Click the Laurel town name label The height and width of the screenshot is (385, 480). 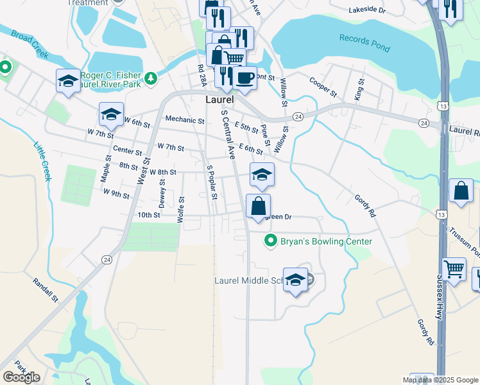(x=219, y=101)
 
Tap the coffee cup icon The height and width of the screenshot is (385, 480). (x=244, y=78)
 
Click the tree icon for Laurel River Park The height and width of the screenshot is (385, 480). (x=151, y=78)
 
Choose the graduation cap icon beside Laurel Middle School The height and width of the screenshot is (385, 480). (x=295, y=280)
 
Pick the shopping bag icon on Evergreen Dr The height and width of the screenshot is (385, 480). (x=258, y=207)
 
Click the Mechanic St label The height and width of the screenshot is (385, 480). (x=184, y=119)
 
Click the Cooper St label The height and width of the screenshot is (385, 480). (x=323, y=87)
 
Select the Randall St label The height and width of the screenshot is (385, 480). (x=46, y=291)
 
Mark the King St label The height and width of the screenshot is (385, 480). (x=359, y=89)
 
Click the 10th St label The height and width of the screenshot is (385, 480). (x=148, y=215)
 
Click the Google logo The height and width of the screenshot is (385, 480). (x=21, y=377)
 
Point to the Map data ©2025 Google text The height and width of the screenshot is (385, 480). (x=439, y=380)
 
